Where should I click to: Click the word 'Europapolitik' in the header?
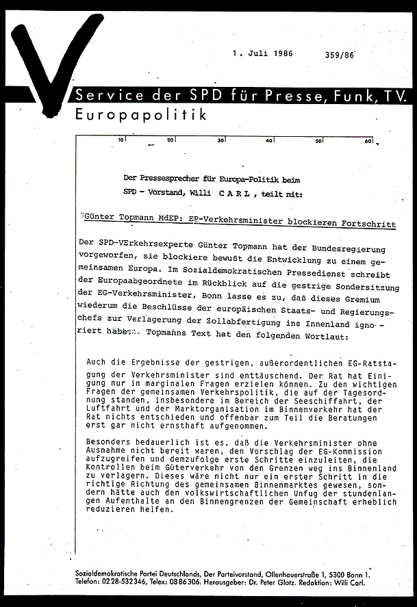141,115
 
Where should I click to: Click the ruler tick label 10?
121,140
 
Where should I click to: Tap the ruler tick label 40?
269,140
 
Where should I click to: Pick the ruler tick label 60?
368,141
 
